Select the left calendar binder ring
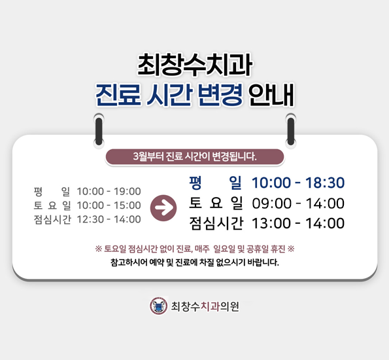coord(99,128)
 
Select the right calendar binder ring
coord(290,128)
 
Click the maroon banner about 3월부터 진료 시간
coord(194,156)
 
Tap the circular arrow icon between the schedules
coord(163,207)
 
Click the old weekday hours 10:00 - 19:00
coord(109,191)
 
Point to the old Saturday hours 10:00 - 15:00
coord(109,206)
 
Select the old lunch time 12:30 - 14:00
coord(109,219)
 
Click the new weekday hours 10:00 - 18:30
coord(298,183)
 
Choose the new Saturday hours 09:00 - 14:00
coord(298,203)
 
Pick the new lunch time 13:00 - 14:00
coord(298,224)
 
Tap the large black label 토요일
coord(215,203)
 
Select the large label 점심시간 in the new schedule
coord(215,224)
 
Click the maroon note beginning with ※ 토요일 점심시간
coord(194,249)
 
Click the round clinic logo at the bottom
coord(158,306)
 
